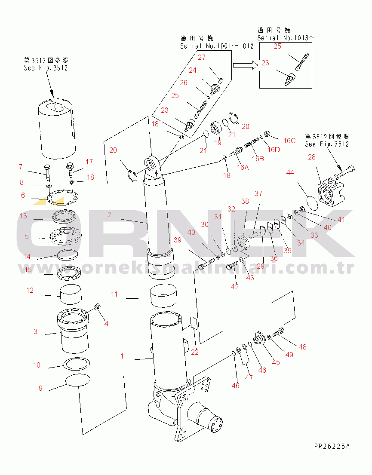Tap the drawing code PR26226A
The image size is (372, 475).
coord(332,446)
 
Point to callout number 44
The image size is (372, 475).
coord(290,172)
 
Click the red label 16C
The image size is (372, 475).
coord(289,140)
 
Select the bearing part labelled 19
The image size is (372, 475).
coord(215,129)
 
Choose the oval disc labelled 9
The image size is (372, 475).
coord(78,381)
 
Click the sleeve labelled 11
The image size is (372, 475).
coord(163,295)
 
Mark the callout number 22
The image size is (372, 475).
coord(195,352)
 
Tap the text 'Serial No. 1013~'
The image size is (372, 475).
coord(286,38)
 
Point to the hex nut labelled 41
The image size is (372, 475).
coord(302,209)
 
